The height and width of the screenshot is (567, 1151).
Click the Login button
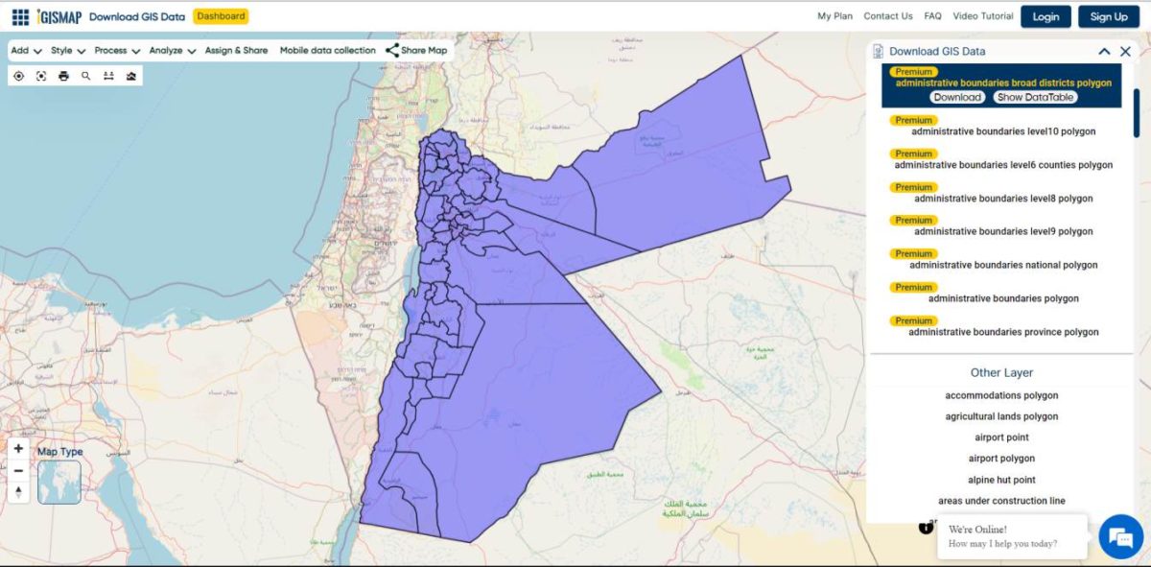click(x=1045, y=16)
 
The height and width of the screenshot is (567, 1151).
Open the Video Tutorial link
click(x=983, y=16)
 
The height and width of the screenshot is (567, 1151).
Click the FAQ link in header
click(x=932, y=16)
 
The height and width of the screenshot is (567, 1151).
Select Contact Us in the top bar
click(x=887, y=16)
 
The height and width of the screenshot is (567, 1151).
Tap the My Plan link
click(x=834, y=16)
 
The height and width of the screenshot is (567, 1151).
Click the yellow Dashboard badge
click(x=222, y=16)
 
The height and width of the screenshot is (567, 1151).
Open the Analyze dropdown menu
click(x=173, y=51)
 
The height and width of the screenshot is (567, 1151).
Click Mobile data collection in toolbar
click(x=327, y=51)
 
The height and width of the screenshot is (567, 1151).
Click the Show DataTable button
click(x=1035, y=97)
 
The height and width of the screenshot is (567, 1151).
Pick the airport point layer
click(x=1001, y=437)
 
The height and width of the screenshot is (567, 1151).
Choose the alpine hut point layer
click(x=1001, y=480)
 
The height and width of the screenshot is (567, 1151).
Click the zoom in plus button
click(x=18, y=448)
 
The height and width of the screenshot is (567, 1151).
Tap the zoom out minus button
click(x=18, y=470)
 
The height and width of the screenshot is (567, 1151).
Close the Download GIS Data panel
click(x=1126, y=52)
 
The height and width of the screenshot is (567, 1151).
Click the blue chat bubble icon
click(x=1120, y=537)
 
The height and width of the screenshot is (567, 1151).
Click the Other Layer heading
click(x=1001, y=372)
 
